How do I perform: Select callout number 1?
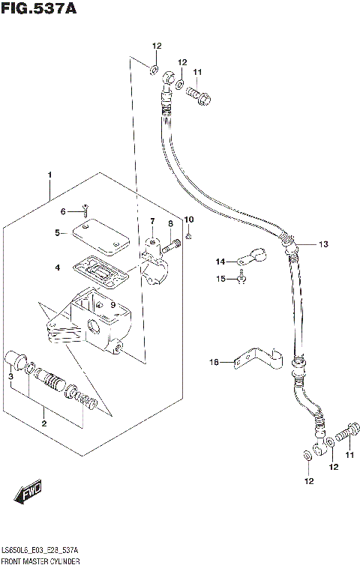pyautogui.click(x=49, y=175)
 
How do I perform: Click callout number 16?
pyautogui.click(x=213, y=363)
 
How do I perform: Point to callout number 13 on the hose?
pyautogui.click(x=323, y=244)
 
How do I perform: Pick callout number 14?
pyautogui.click(x=220, y=262)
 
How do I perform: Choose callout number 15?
pyautogui.click(x=220, y=280)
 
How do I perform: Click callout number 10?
pyautogui.click(x=189, y=220)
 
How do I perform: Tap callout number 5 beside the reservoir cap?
pyautogui.click(x=56, y=233)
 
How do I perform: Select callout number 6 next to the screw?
pyautogui.click(x=64, y=211)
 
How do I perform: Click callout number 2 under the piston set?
pyautogui.click(x=44, y=425)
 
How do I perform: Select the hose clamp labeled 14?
pyautogui.click(x=250, y=257)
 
